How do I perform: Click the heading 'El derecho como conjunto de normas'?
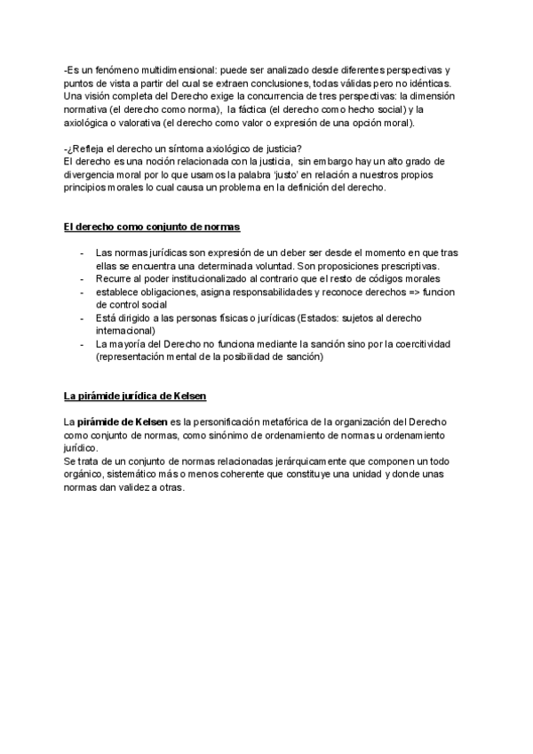[151, 228]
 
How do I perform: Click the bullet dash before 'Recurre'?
[82, 278]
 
